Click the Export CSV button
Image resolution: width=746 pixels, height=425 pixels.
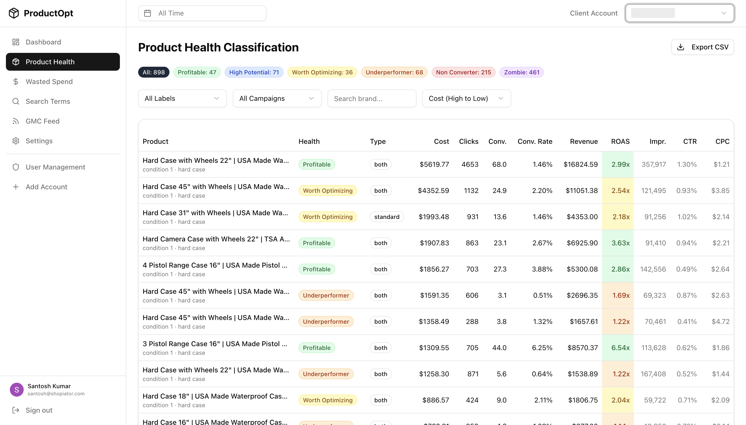[702, 47]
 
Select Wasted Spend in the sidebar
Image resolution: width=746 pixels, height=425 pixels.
[49, 82]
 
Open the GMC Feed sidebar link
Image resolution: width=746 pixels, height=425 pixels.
[42, 121]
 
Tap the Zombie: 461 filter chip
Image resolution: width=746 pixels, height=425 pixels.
[521, 72]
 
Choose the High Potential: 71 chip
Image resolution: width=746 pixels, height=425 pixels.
[254, 72]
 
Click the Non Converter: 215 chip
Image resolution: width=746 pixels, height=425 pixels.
[463, 72]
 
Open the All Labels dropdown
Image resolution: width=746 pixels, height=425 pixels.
[182, 99]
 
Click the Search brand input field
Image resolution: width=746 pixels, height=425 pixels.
[372, 99]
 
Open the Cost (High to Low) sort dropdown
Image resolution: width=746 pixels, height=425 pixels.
[466, 99]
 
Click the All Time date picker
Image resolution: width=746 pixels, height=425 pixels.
[202, 13]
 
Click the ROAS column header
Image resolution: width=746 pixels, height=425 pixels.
[620, 142]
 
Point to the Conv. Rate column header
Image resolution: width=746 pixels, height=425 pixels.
[535, 142]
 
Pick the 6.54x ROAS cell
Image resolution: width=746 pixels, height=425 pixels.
[620, 348]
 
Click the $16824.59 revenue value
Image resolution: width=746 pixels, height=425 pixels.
[580, 165]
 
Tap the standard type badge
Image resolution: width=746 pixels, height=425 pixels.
[387, 217]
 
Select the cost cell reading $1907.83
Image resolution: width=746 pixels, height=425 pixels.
[434, 243]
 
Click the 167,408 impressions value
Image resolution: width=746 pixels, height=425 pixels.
[653, 374]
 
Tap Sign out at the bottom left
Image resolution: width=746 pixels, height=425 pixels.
[39, 410]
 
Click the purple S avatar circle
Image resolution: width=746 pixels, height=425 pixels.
[17, 390]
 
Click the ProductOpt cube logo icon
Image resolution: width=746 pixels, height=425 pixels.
[14, 13]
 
